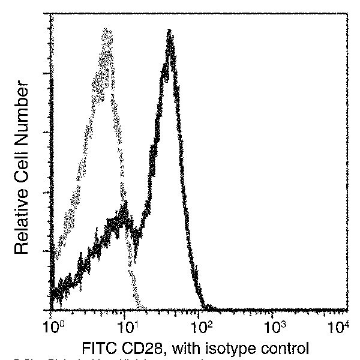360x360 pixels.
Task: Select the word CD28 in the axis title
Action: pos(140,349)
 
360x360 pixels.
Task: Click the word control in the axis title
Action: pos(284,349)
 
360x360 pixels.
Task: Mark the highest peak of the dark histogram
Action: pos(170,31)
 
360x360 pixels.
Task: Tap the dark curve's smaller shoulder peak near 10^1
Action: pos(124,207)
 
